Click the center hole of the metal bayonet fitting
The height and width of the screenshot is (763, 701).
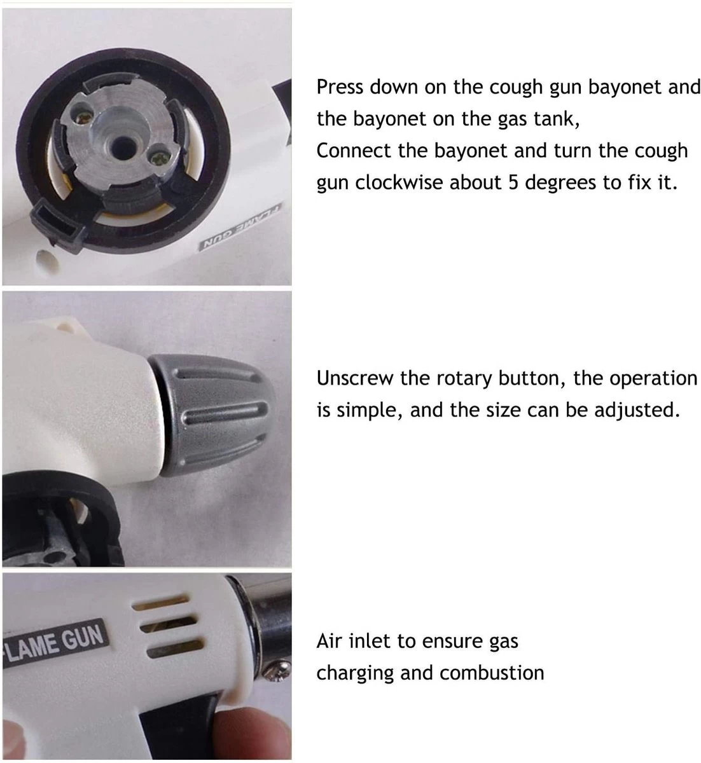(x=123, y=146)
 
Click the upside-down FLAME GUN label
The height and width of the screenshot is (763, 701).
(x=241, y=227)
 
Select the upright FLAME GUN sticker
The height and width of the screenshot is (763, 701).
(x=54, y=643)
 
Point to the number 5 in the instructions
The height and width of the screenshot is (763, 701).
(x=513, y=183)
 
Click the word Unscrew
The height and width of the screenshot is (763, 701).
(x=355, y=378)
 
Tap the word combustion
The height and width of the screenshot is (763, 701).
(x=492, y=673)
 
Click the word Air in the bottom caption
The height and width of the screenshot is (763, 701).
(x=329, y=641)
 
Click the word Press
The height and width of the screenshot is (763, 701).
(x=340, y=87)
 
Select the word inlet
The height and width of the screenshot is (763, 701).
(x=369, y=641)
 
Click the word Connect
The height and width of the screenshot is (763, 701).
(x=354, y=151)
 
